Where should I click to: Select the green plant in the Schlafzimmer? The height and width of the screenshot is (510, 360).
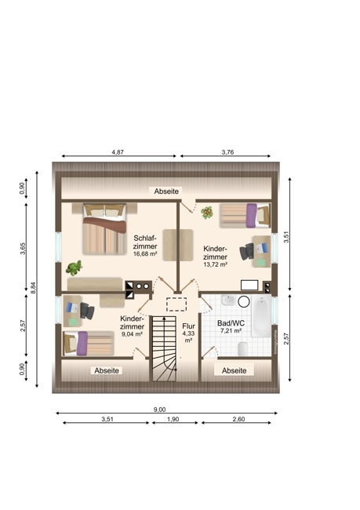pos(75,268)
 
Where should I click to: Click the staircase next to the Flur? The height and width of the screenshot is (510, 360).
pos(164,348)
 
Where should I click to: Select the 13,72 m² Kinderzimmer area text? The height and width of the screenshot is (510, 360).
pos(215,264)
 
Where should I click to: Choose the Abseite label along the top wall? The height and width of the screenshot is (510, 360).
pos(166,191)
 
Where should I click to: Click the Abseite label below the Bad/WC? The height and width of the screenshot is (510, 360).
pos(234,370)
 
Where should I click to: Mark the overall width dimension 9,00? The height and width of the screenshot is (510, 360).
pos(159,410)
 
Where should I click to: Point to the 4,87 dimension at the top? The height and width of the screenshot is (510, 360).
pos(118,151)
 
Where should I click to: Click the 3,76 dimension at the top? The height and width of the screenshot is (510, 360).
pos(228,151)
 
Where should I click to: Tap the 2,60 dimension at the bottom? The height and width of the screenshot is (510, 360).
pos(238,420)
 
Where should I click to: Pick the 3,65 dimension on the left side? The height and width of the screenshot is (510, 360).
pos(23,249)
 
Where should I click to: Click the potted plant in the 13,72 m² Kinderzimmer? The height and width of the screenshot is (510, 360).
pos(208,212)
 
